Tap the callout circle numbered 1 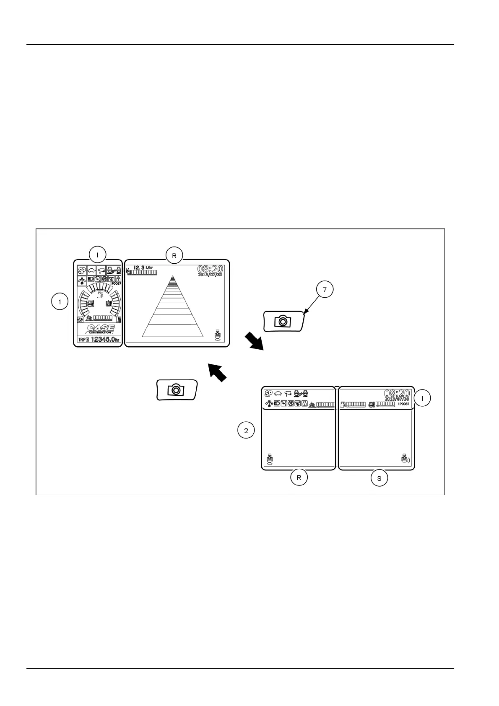tap(60, 301)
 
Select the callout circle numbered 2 tap(246, 430)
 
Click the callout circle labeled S tap(379, 478)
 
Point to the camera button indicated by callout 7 tap(283, 322)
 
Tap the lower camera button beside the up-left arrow tap(177, 390)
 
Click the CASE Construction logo tap(99, 329)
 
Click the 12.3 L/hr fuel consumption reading tap(143, 267)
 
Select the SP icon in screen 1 tap(82, 270)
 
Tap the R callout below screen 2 tap(299, 478)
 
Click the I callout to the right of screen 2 tap(423, 398)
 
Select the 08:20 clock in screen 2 tap(397, 393)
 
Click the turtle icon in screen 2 tap(278, 393)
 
